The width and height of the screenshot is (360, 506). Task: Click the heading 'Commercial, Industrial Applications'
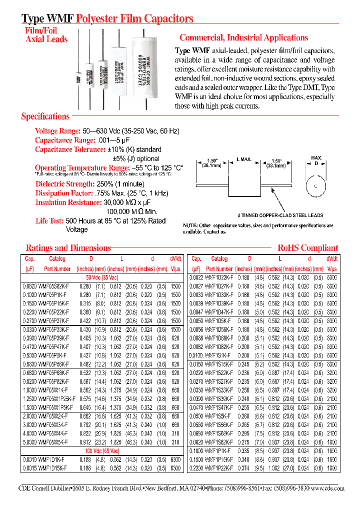(243, 38)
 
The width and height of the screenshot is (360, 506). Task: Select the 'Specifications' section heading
(45, 116)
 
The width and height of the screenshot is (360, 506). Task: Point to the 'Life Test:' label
(49, 221)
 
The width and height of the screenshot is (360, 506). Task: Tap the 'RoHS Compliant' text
(307, 248)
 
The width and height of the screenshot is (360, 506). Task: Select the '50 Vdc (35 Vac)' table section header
(102, 277)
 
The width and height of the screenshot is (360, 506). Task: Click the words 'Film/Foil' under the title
(41, 30)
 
